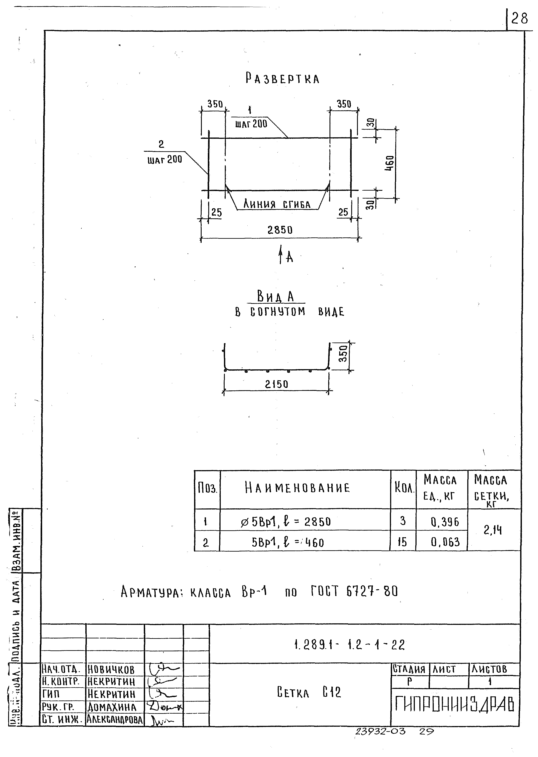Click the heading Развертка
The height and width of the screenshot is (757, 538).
tap(282, 79)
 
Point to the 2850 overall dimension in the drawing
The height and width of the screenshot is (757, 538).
tap(280, 230)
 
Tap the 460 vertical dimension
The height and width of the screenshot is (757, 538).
tap(390, 163)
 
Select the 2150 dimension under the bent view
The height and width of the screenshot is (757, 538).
tap(277, 384)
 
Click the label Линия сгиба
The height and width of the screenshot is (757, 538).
tap(277, 204)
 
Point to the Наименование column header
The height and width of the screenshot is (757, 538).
tap(297, 488)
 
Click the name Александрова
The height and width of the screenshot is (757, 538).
tap(115, 719)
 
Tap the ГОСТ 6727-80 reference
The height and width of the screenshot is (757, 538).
tap(354, 591)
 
